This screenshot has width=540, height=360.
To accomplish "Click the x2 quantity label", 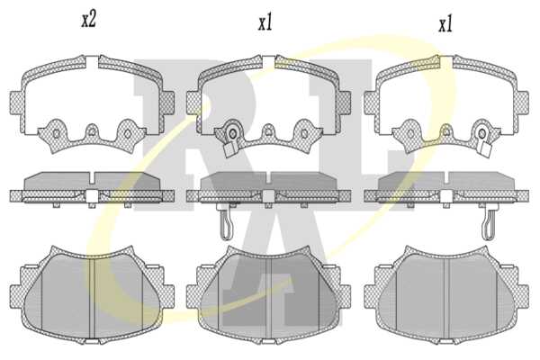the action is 88,20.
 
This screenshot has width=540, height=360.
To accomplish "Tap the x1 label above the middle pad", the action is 265,23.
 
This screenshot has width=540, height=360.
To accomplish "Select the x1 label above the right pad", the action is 445,25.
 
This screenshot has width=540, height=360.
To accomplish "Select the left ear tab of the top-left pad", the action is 16,103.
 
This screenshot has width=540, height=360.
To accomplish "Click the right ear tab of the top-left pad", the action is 167,103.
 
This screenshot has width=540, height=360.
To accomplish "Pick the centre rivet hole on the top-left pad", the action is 92,131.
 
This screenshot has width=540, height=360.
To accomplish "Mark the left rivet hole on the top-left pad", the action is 56,133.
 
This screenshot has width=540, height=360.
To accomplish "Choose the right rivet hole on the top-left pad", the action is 127,133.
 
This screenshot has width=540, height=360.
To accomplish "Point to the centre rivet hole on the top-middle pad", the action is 268,131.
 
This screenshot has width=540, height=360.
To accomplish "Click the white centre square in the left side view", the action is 92,196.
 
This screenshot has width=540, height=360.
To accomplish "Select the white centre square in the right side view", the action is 446,196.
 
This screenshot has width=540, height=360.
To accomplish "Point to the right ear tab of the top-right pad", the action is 522,103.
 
